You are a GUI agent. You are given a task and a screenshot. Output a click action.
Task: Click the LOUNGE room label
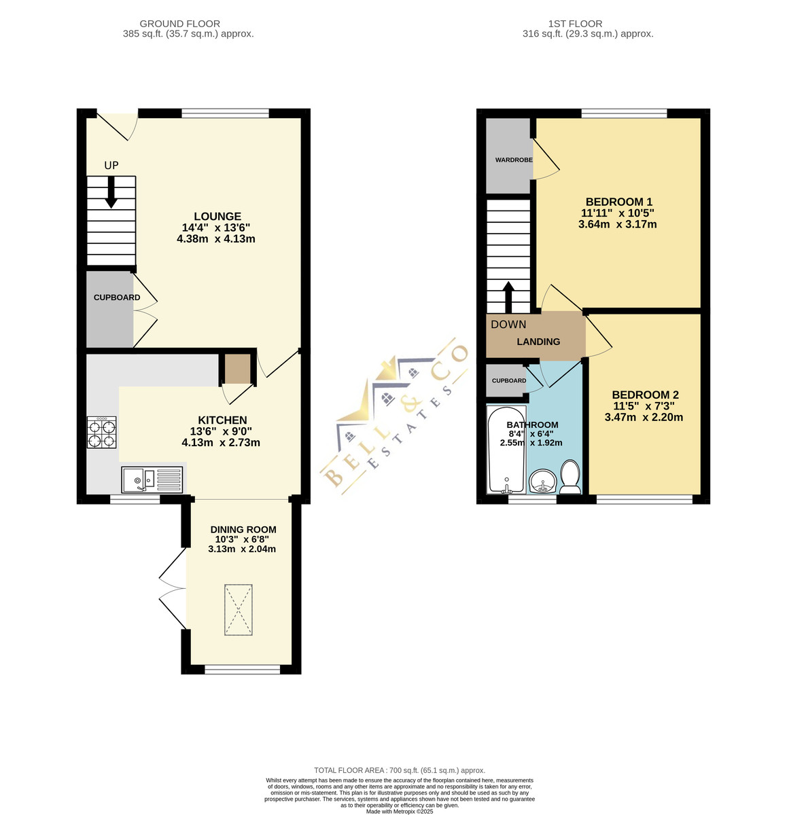tap(217, 216)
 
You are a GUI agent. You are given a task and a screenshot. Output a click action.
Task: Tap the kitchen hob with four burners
tap(101, 432)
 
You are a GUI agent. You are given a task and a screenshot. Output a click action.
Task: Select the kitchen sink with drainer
tap(152, 479)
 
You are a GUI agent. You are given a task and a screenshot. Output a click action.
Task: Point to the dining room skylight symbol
tap(238, 609)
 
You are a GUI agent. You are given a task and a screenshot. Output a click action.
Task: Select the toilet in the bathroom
tap(570, 477)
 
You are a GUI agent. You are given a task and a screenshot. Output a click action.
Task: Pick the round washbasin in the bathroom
tap(543, 481)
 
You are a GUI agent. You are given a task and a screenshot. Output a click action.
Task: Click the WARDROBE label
tap(514, 160)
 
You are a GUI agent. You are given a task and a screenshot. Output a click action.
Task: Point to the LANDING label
tap(538, 342)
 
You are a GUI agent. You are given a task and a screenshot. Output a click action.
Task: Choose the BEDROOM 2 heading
tap(645, 395)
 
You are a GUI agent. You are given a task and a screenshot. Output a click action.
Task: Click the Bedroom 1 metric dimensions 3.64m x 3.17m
tap(617, 224)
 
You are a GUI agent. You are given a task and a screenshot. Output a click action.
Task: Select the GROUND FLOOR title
tap(179, 24)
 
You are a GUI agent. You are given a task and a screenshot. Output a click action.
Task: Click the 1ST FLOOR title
tap(575, 24)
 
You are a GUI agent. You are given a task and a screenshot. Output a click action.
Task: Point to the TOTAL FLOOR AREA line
tap(400, 769)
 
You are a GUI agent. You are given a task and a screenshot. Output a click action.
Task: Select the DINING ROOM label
tap(243, 529)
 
